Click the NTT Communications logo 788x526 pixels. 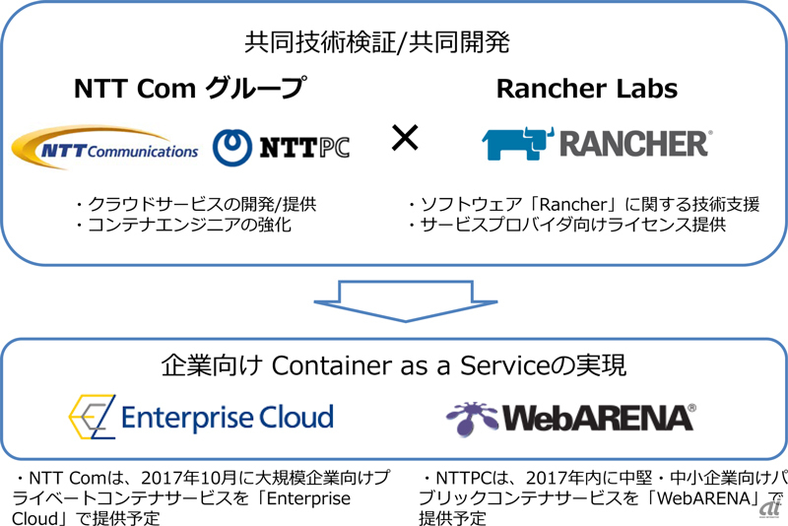pos(104,147)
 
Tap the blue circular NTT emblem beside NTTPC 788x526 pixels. pos(232,148)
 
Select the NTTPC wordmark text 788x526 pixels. pos(304,148)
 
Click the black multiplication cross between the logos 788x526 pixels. pos(405,138)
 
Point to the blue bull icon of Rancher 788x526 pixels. pos(518,144)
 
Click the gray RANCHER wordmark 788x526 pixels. pos(635,144)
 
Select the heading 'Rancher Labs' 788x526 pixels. pos(587,89)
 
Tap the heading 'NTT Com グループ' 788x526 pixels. pos(190,88)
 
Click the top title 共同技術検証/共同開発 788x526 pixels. pos(377,41)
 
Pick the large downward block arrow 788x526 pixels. pos(406,300)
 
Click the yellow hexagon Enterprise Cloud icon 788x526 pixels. pos(92,417)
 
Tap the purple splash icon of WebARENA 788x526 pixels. pos(472,418)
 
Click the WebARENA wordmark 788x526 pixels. pos(599,418)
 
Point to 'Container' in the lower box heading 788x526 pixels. pos(332,365)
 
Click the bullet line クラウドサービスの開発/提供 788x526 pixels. pos(196,204)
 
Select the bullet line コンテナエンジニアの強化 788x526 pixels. pos(183,224)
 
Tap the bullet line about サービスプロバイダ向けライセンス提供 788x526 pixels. pos(567,224)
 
